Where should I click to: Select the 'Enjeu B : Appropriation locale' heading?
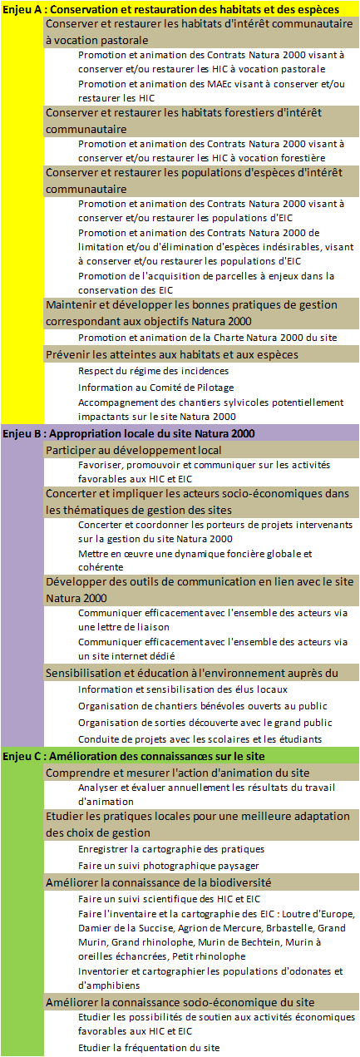coord(133,433)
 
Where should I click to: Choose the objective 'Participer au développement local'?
coord(133,450)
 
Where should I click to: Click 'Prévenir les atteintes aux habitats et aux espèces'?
coord(171,354)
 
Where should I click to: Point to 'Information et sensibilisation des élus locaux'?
coord(183,689)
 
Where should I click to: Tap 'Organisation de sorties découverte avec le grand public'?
coord(205,723)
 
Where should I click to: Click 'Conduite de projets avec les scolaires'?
coord(200,738)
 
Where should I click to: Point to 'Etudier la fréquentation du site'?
coord(150,1047)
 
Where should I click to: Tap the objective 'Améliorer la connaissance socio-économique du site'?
coord(180,1001)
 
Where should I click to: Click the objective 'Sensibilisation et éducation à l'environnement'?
coord(191,673)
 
